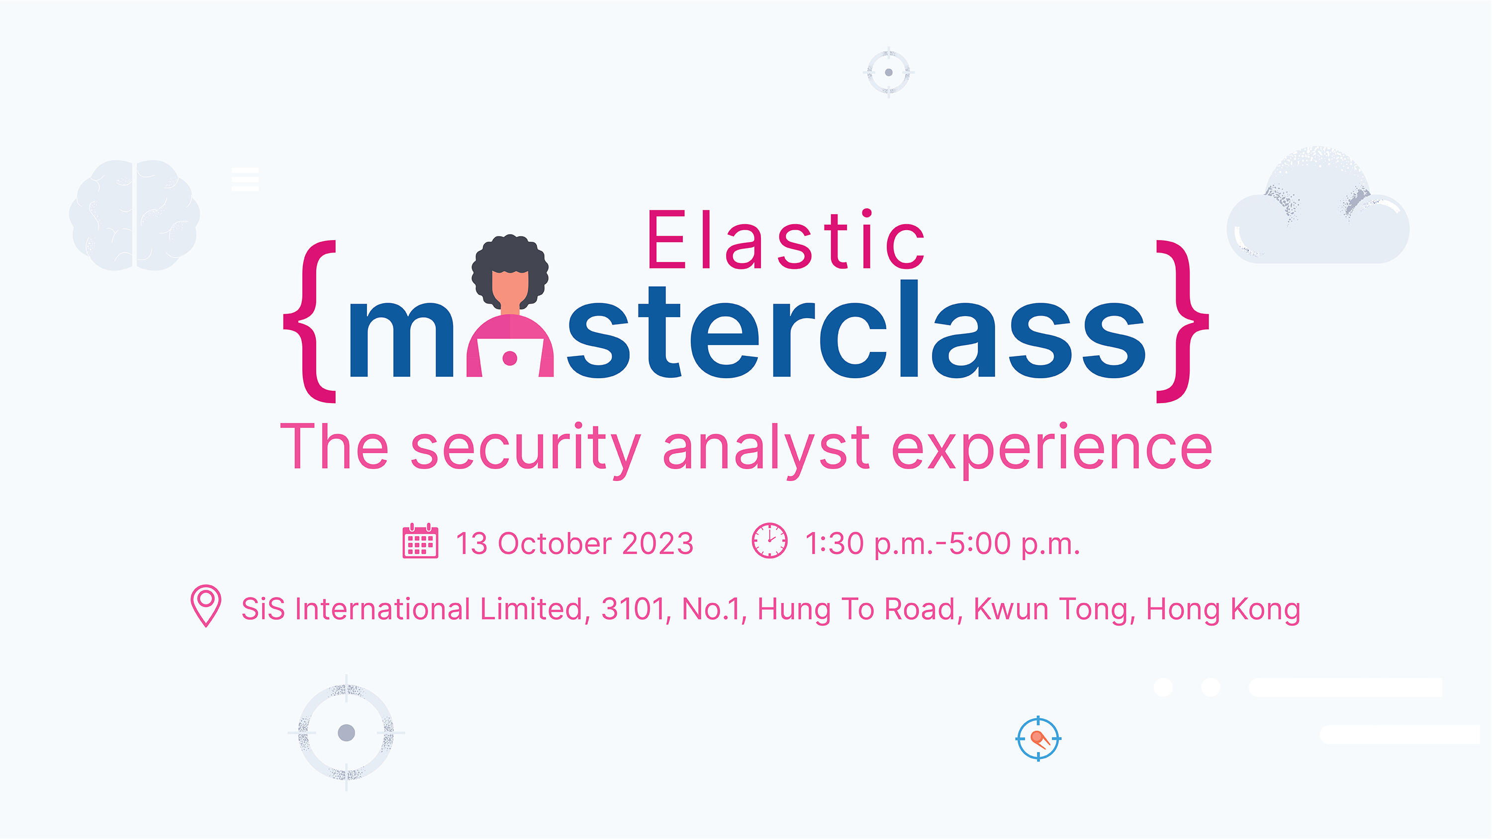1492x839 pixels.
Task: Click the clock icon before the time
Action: click(x=769, y=541)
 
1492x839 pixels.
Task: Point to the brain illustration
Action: click(x=134, y=215)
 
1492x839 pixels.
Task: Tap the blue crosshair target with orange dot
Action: click(x=1038, y=738)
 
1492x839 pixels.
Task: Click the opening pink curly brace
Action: click(x=310, y=322)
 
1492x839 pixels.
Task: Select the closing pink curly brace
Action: click(x=1182, y=322)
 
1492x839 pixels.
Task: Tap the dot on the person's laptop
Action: click(x=510, y=358)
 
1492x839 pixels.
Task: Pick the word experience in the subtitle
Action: click(x=1051, y=449)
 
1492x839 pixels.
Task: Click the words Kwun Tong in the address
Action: click(x=1052, y=609)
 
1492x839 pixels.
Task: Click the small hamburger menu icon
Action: click(x=245, y=179)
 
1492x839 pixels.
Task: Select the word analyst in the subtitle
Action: click(x=766, y=449)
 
